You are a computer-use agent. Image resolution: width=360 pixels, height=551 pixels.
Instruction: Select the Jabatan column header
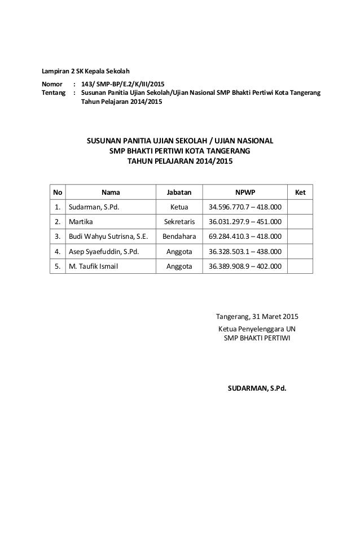point(179,193)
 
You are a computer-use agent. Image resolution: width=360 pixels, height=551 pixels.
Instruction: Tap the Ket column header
point(300,193)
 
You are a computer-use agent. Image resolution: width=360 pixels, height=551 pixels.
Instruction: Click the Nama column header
point(110,193)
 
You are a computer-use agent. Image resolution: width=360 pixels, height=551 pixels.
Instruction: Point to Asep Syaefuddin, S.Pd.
point(103,251)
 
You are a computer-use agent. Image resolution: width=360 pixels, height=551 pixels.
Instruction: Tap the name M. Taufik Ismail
point(94,266)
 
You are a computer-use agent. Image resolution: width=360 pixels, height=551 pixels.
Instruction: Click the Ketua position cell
point(179,207)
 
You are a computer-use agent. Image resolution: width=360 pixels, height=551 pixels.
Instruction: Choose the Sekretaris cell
point(179,222)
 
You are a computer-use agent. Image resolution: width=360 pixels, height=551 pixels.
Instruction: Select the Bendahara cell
point(179,237)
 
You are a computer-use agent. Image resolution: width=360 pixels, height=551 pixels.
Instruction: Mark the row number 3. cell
point(57,237)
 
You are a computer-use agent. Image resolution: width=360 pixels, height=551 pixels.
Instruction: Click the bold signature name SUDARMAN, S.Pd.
point(257,389)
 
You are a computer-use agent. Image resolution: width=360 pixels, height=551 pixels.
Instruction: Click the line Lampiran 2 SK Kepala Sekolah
point(86,71)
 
